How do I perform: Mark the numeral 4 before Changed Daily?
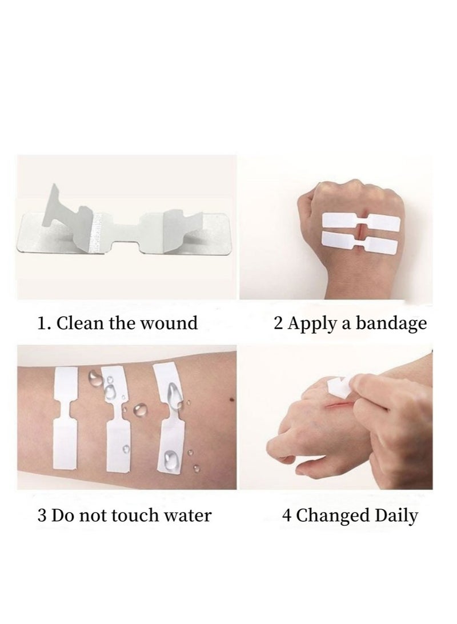pos(287,515)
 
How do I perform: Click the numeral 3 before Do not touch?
pos(41,515)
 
